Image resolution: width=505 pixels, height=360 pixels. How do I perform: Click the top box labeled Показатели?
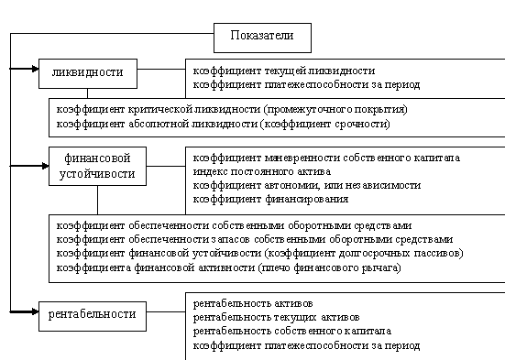[262, 38]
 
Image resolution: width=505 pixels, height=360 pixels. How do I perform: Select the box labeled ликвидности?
[88, 73]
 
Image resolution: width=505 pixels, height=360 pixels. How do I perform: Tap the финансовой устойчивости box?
[97, 166]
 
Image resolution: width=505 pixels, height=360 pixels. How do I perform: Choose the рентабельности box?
[93, 317]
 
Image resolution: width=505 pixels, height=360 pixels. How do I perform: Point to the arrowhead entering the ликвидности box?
[35, 69]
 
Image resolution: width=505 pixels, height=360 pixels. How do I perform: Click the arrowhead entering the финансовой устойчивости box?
[45, 166]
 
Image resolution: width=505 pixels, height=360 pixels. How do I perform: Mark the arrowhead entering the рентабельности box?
[35, 311]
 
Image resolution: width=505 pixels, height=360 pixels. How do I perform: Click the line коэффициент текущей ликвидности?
[284, 71]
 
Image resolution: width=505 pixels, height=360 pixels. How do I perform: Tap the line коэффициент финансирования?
[271, 200]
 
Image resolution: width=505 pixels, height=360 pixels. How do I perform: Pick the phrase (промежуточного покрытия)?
[335, 110]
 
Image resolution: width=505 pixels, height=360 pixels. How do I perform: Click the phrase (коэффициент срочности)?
[325, 124]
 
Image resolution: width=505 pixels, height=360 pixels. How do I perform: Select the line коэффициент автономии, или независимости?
[307, 186]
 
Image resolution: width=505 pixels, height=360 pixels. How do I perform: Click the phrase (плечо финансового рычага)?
[329, 267]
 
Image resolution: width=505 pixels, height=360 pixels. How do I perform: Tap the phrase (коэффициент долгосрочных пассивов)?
[364, 254]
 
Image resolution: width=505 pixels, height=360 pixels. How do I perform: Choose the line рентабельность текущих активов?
[277, 318]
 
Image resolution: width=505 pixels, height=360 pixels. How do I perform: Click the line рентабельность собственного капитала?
[292, 332]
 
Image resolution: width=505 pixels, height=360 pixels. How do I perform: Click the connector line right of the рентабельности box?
[166, 311]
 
